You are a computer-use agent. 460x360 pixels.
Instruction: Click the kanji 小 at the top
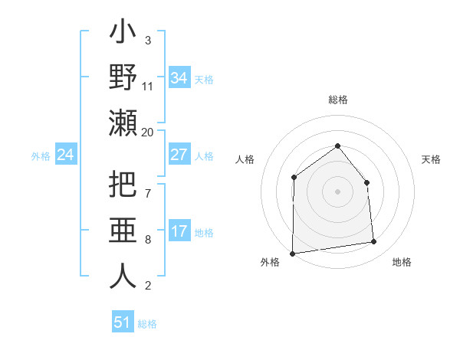123,35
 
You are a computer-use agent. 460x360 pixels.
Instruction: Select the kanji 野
123,78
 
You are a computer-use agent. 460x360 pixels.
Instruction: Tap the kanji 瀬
123,123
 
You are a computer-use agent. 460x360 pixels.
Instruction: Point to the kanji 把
123,185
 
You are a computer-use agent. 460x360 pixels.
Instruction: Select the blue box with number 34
179,78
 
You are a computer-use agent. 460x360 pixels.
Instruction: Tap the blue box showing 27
179,155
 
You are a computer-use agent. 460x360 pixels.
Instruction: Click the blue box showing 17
179,231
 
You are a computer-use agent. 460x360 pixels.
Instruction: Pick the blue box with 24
65,155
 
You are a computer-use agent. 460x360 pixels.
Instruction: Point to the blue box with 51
123,322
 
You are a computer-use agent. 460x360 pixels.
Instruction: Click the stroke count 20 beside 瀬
148,133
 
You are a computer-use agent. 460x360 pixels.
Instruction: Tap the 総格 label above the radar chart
337,100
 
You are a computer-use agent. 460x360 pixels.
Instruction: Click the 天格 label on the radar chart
431,159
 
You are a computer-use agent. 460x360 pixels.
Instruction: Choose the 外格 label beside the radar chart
270,262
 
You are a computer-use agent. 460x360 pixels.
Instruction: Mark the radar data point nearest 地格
374,242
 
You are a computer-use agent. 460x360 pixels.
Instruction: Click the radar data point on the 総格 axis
337,146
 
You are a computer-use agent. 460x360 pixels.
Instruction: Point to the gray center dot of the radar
337,191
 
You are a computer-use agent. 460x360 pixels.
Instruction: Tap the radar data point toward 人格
294,178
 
